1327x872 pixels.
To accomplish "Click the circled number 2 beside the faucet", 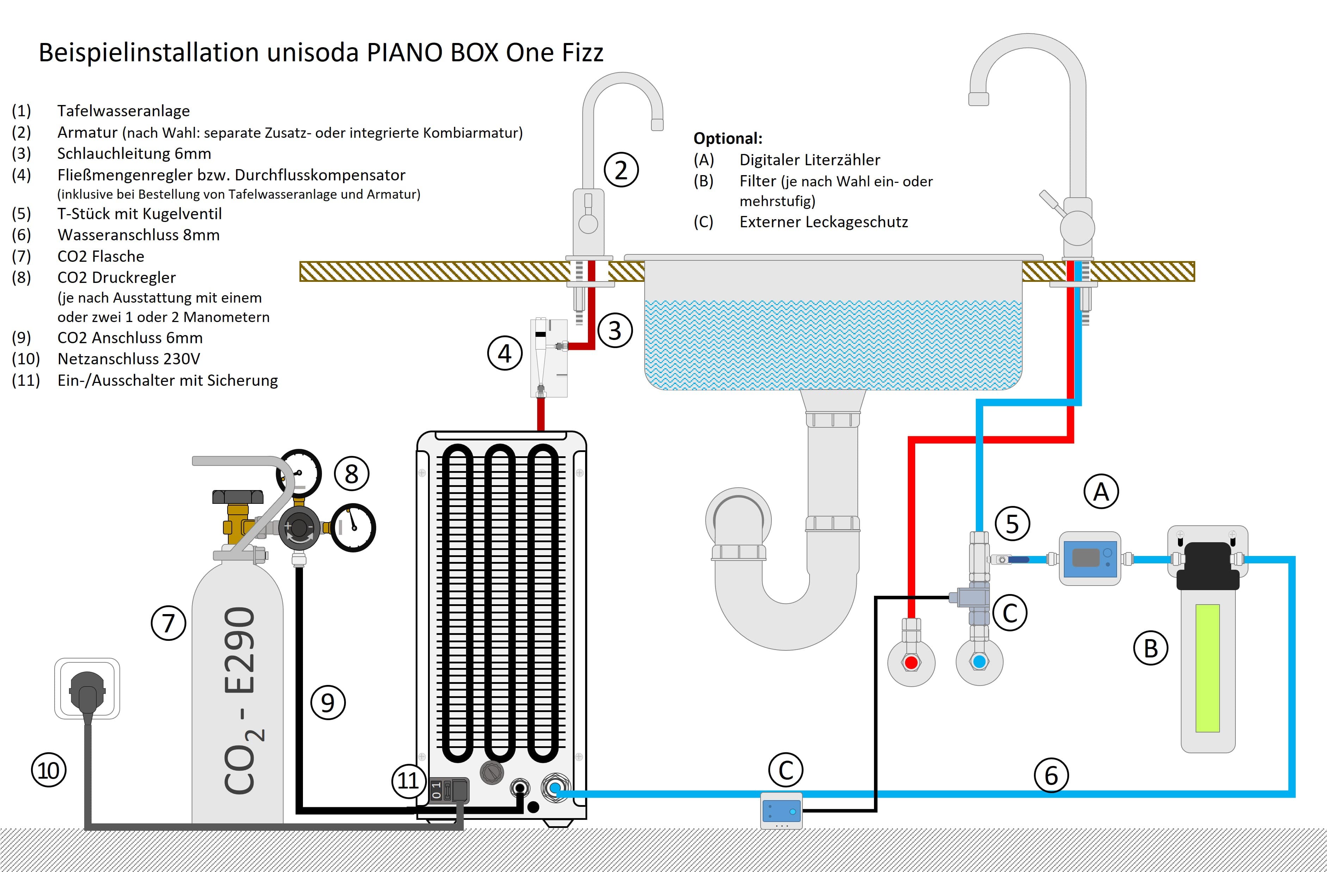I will tap(621, 170).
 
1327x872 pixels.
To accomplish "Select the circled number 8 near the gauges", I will tap(351, 474).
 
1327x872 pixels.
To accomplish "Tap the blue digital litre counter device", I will tap(1090, 558).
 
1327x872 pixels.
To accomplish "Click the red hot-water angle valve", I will tap(911, 662).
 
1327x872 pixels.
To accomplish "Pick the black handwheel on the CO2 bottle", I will tap(237, 496).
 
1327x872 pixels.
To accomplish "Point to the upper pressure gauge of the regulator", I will tap(299, 474).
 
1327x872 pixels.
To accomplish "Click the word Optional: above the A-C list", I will tap(728, 138).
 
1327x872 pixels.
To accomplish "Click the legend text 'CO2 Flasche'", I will tap(100, 256).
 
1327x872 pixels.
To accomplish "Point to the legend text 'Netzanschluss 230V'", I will tap(128, 359).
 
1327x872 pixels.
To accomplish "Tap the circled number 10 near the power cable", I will tap(49, 771).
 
